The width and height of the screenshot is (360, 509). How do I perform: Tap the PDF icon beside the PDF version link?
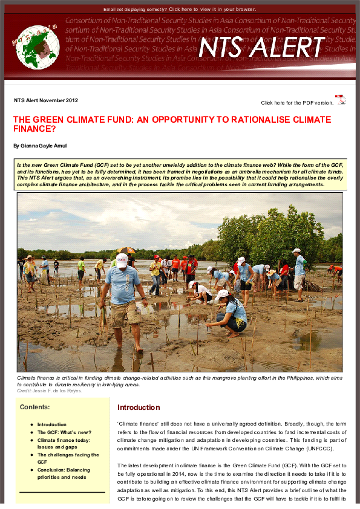[x=341, y=100]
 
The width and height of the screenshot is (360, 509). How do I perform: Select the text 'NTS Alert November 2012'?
[x=46, y=100]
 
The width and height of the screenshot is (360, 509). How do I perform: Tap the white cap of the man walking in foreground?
[x=122, y=261]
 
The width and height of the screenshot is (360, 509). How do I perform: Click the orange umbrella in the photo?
[x=126, y=250]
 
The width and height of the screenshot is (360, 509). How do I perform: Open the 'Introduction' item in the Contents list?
[x=52, y=424]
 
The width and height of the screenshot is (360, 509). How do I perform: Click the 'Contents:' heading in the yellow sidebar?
[x=34, y=407]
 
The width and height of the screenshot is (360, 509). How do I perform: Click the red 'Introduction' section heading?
[x=139, y=407]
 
